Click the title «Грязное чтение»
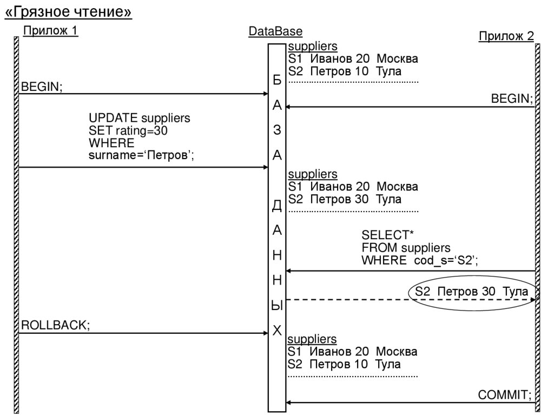point(68,12)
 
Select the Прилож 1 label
point(50,31)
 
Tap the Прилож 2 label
point(506,36)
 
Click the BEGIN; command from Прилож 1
point(42,87)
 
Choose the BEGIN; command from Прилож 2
point(512,99)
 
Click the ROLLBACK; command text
point(55,325)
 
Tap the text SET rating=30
point(133,130)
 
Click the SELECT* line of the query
point(387,235)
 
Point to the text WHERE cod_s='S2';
point(420,260)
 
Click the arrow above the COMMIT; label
point(411,403)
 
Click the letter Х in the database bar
point(277,331)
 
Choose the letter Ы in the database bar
point(277,306)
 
